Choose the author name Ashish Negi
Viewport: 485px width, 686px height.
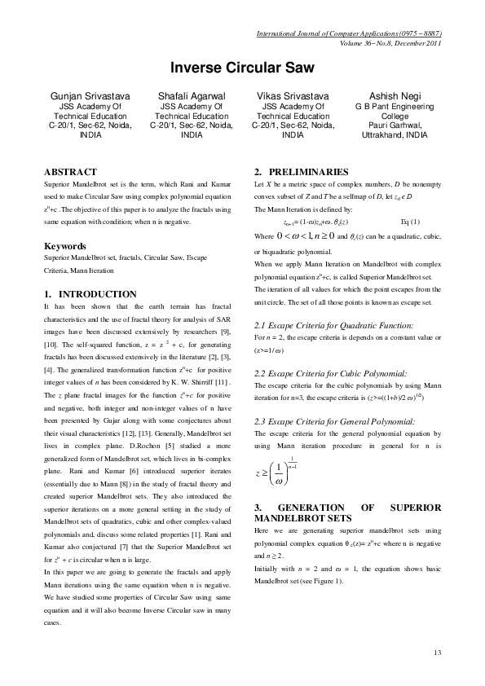tap(394, 96)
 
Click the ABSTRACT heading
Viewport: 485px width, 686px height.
tap(69, 173)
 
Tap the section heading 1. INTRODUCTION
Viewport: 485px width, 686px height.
tap(90, 293)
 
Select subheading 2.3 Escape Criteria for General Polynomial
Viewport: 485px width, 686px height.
tap(334, 420)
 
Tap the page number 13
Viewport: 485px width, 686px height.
tap(437, 653)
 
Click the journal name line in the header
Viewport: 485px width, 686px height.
tap(348, 35)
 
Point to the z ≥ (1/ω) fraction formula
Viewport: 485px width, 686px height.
tap(285, 473)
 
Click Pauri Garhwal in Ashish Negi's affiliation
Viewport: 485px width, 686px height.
tap(394, 125)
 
